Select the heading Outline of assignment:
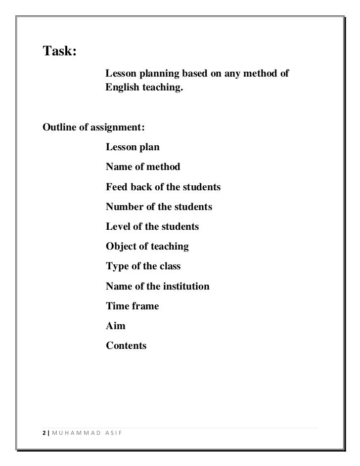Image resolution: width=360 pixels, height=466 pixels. (x=94, y=127)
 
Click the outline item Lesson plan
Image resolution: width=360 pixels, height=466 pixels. (x=133, y=147)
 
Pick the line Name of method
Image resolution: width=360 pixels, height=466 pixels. (x=143, y=167)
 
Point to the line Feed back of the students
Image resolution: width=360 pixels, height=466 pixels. (x=163, y=187)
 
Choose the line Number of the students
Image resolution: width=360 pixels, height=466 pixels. (x=159, y=207)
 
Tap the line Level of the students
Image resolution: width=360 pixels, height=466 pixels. (x=152, y=227)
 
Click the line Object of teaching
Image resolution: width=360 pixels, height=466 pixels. (x=147, y=247)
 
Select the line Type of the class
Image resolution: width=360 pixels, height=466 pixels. (x=143, y=266)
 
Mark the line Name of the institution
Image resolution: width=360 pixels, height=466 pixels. (x=158, y=286)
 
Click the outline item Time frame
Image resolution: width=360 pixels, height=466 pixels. (x=133, y=306)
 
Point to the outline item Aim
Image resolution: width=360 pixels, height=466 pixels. (x=116, y=326)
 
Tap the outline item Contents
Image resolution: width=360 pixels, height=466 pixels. (x=126, y=346)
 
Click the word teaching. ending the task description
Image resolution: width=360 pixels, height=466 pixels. (x=163, y=89)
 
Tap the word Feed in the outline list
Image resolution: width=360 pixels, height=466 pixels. (x=116, y=187)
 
